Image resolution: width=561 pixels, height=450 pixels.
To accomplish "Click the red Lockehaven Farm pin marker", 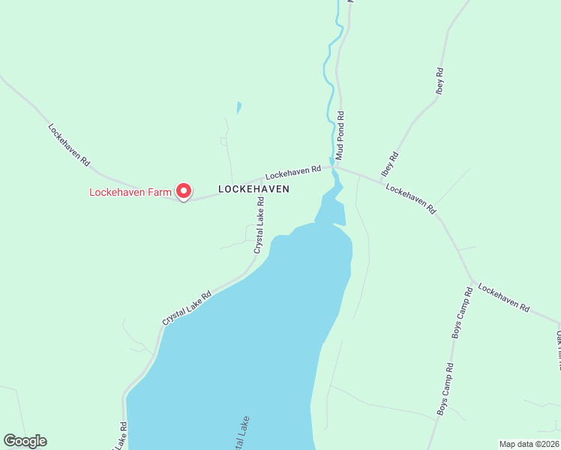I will click(x=183, y=190).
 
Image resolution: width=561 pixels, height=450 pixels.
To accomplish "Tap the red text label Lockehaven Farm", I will click(x=130, y=192).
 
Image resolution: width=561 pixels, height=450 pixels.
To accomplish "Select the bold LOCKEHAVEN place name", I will click(x=253, y=190).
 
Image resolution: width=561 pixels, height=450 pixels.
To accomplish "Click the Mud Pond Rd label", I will click(x=340, y=136).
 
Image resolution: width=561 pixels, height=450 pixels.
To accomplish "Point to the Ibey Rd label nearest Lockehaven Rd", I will click(x=390, y=163).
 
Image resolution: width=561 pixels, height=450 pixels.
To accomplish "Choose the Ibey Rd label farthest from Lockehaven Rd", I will click(x=439, y=81).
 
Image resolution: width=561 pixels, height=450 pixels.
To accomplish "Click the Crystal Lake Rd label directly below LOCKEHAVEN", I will click(x=259, y=224).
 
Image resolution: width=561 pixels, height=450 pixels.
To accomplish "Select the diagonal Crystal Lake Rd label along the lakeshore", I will click(x=187, y=307).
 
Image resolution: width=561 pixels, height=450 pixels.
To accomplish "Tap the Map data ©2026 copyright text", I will click(x=529, y=444).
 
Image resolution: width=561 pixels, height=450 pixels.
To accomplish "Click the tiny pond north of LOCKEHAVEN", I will click(x=238, y=107).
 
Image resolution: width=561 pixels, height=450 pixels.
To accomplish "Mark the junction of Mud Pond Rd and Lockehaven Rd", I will click(x=337, y=166).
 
